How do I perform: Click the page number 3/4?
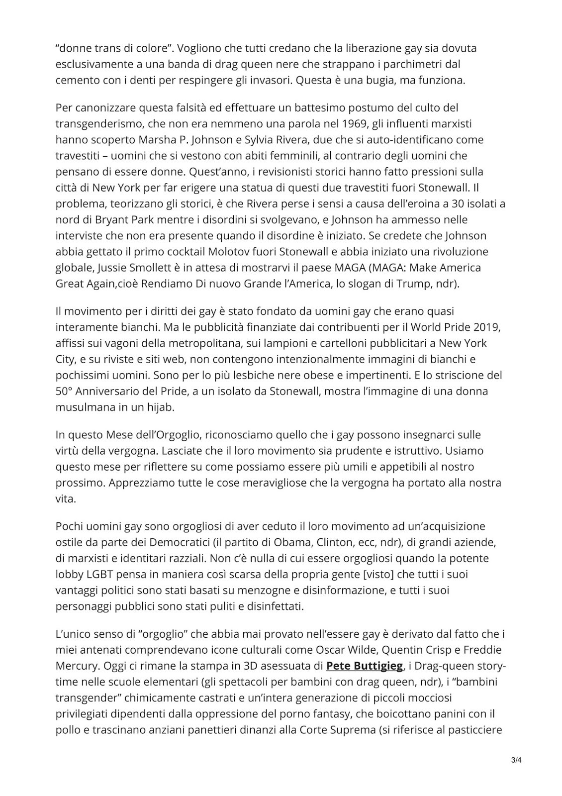(516, 774)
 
